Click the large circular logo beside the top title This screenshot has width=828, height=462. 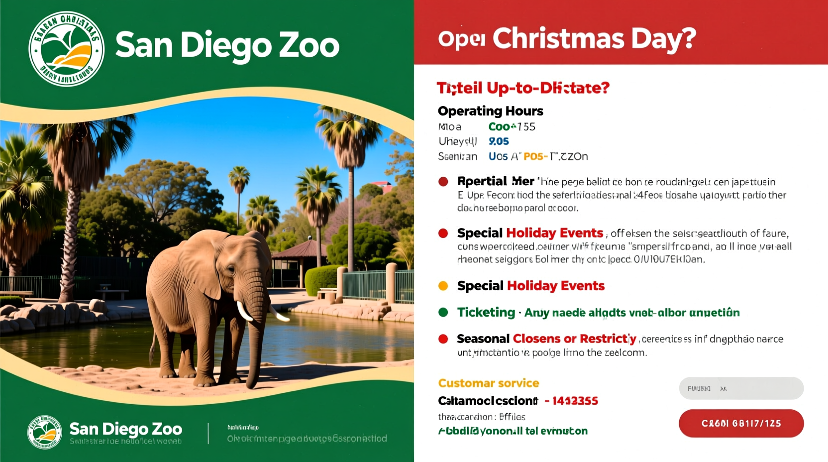coord(66,49)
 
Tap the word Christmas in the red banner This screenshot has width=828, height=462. coord(558,39)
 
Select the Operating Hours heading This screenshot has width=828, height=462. coord(490,111)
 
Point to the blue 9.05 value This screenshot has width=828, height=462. coord(499,141)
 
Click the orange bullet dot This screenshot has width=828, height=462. coord(443,286)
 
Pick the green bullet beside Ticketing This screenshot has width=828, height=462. coord(443,313)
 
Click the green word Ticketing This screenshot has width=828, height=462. coord(486,313)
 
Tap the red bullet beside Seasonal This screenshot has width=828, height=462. coord(443,339)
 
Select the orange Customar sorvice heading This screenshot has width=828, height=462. coord(488,383)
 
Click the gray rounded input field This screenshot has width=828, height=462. coord(741,388)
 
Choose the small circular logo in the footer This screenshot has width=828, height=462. coord(44,432)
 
